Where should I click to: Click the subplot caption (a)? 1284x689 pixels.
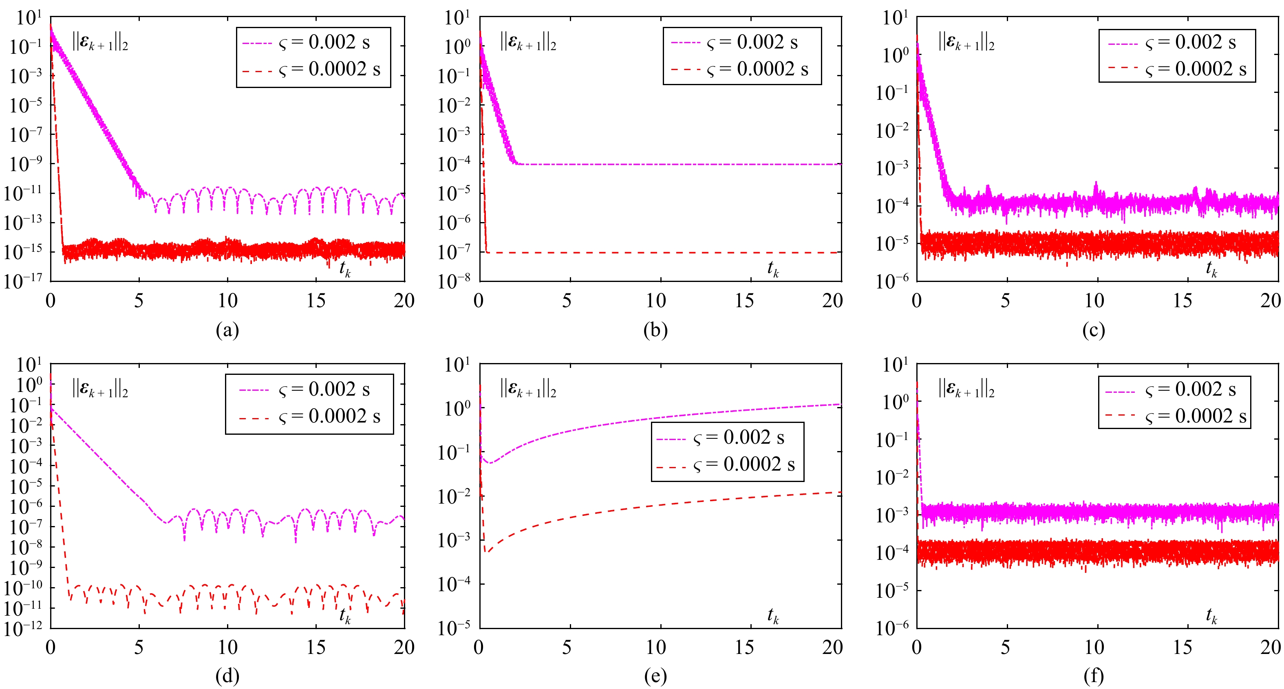click(227, 330)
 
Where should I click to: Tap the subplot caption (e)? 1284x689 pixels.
click(655, 676)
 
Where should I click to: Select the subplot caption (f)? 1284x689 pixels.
click(1094, 676)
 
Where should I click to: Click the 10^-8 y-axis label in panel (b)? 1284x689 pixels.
click(454, 280)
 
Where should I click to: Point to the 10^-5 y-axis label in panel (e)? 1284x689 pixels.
click(454, 628)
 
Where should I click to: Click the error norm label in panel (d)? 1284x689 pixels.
click(100, 389)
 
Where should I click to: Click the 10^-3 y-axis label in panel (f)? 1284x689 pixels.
click(892, 514)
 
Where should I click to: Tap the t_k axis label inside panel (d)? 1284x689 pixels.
click(345, 616)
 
